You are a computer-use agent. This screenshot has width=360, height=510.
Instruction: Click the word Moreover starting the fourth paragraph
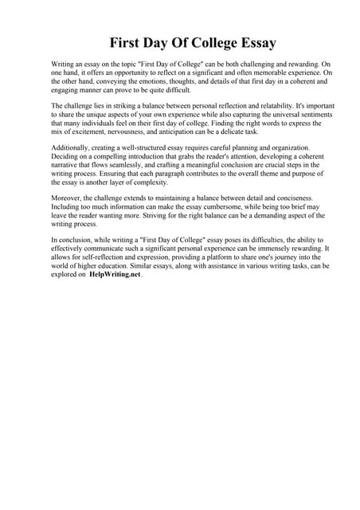(x=68, y=199)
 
